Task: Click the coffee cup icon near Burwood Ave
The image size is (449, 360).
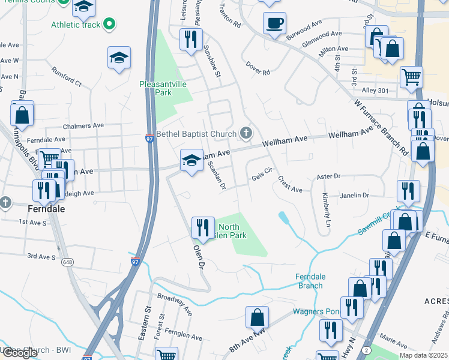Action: pos(274,23)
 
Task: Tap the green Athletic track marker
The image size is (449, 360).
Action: pos(109,25)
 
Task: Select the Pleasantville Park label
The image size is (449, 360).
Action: pos(164,88)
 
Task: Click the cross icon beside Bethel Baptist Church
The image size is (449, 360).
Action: pos(246,132)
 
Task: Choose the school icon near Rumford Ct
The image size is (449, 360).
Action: pos(119,58)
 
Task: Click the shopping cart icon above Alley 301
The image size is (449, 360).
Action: pos(411,76)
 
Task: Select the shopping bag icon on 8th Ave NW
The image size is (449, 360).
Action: pos(257,317)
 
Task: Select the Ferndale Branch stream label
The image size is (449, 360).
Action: pos(310,281)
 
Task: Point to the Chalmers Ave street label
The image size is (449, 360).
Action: pos(83,127)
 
